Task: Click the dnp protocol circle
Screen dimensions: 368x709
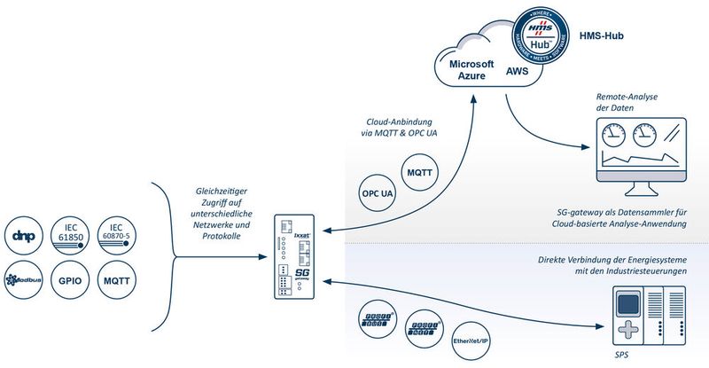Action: [24, 234]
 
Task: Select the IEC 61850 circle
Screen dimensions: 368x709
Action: [70, 234]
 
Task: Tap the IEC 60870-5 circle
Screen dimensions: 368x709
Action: [117, 234]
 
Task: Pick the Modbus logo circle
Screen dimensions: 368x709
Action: [24, 280]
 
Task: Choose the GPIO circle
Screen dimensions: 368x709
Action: [70, 280]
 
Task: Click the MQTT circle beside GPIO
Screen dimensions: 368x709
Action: [117, 280]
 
